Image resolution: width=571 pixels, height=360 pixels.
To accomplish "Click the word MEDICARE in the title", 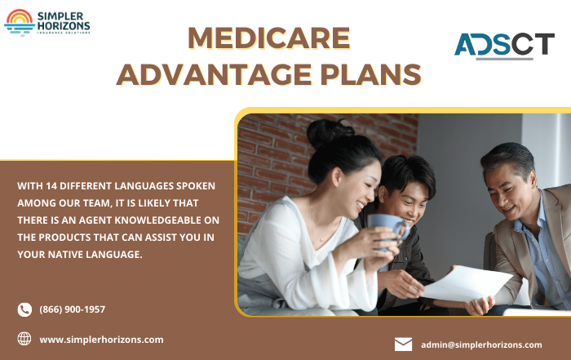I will pos(268,38).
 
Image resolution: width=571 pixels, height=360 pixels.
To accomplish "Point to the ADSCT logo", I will pos(504,45).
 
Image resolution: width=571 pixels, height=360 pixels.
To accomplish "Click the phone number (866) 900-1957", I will pos(73,309).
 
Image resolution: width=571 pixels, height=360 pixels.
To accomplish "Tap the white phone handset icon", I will pos(24,309).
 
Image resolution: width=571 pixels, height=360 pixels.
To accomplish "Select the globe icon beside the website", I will pos(24,339).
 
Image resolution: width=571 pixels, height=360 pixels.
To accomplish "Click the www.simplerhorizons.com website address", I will pos(101,339).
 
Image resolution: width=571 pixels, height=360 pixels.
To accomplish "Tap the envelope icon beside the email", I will pos(403,344).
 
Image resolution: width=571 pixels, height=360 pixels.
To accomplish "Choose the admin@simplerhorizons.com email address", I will pos(481,344).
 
